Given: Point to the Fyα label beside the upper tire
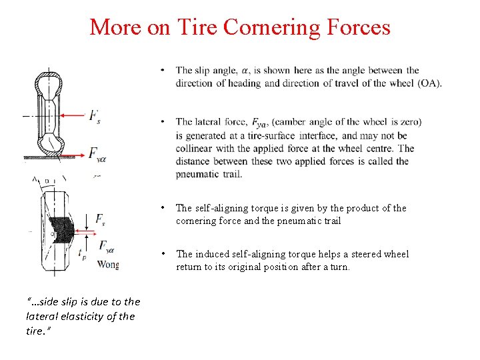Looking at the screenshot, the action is [x=97, y=155].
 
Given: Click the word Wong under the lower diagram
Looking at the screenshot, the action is [x=107, y=264].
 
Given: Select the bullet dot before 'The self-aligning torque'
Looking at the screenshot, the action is [x=163, y=208].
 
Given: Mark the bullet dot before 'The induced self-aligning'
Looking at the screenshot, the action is [x=163, y=254].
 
